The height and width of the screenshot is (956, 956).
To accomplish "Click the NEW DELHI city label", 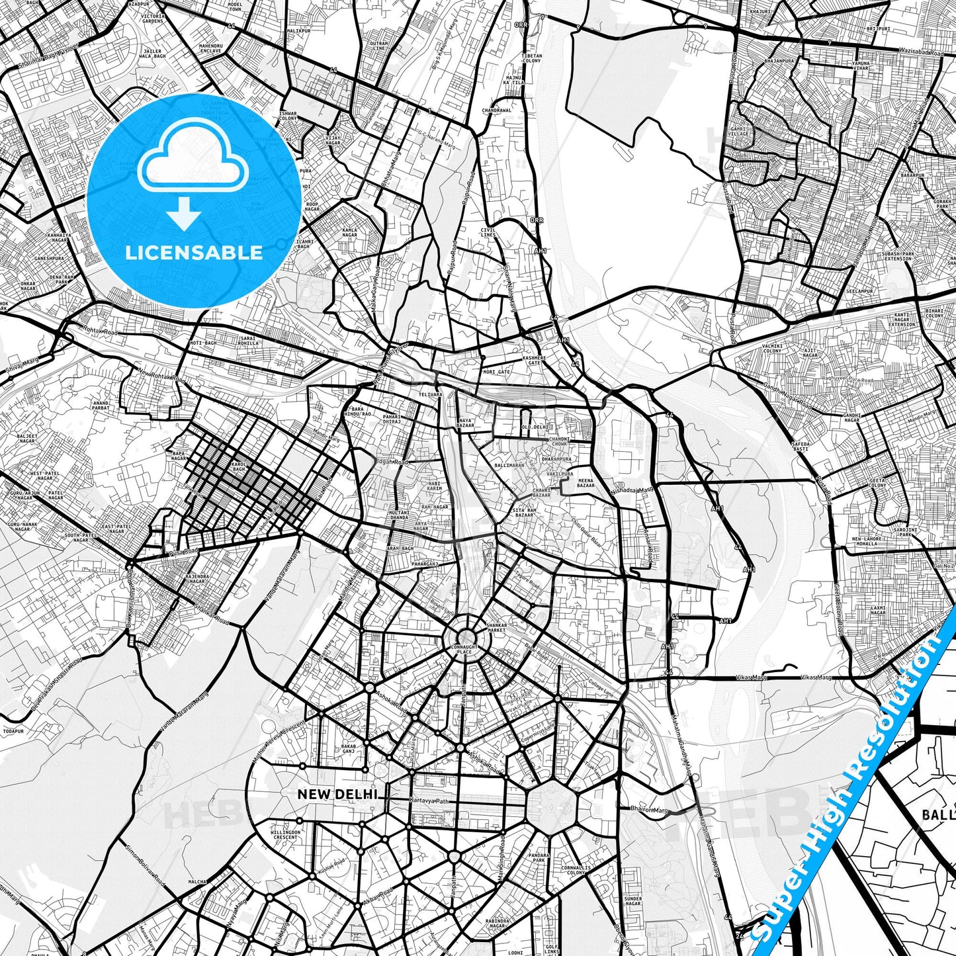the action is tap(337, 794).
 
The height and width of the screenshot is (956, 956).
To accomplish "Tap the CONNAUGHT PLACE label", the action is tap(464, 649).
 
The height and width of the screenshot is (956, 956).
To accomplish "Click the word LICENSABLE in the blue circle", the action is tap(193, 253).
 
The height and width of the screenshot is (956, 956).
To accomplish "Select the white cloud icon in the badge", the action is tap(193, 159).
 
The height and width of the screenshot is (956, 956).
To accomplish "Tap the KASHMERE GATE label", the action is tap(535, 361).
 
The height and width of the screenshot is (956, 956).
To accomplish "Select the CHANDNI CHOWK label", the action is tap(560, 442).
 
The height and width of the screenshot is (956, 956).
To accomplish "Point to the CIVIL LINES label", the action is tap(488, 232).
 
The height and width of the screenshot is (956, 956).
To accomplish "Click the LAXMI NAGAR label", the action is tap(878, 610).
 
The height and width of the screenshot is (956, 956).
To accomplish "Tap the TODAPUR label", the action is tap(13, 731).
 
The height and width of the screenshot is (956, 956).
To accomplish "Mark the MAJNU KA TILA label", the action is tap(515, 80).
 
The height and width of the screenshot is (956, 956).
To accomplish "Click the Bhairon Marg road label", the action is tap(650, 809).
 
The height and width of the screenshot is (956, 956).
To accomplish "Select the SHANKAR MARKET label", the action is tap(497, 628).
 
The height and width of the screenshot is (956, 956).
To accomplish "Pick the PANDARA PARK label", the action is tap(539, 858).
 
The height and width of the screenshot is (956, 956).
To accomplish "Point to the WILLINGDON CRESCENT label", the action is tap(285, 835).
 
